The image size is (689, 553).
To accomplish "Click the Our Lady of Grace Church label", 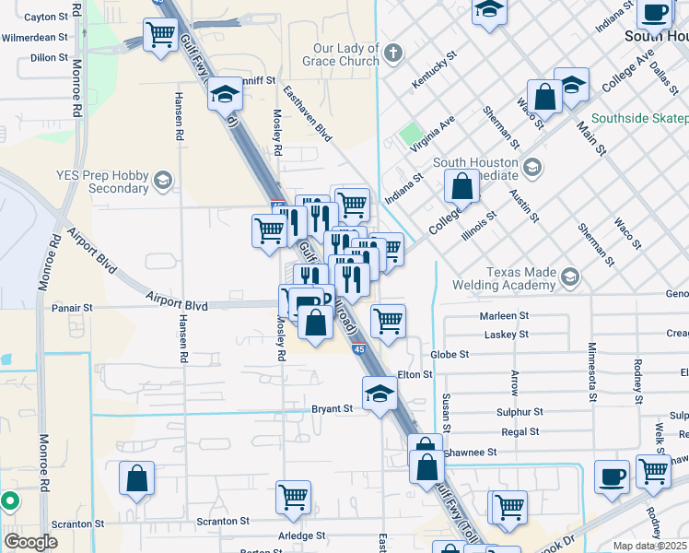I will coord(333,54).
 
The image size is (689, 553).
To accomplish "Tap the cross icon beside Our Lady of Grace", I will coord(394,51).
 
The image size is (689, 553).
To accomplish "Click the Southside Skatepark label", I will coord(639,119).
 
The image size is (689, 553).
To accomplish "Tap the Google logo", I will coord(30,542).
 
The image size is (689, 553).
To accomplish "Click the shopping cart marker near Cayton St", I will coord(160,35).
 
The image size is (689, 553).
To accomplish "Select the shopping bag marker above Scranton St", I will coord(136,479).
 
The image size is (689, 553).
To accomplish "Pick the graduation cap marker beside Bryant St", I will coord(380,394).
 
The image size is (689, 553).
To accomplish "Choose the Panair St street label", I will coord(73,308).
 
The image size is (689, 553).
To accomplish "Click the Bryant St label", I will coord(333,408).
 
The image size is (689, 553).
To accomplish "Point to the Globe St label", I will coord(450,354).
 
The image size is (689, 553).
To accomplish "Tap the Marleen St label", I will coord(503,315).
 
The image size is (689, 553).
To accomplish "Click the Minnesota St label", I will coord(592,363).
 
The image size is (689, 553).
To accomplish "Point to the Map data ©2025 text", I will coord(650,546).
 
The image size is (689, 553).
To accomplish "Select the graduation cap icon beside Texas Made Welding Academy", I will coord(570,276).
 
